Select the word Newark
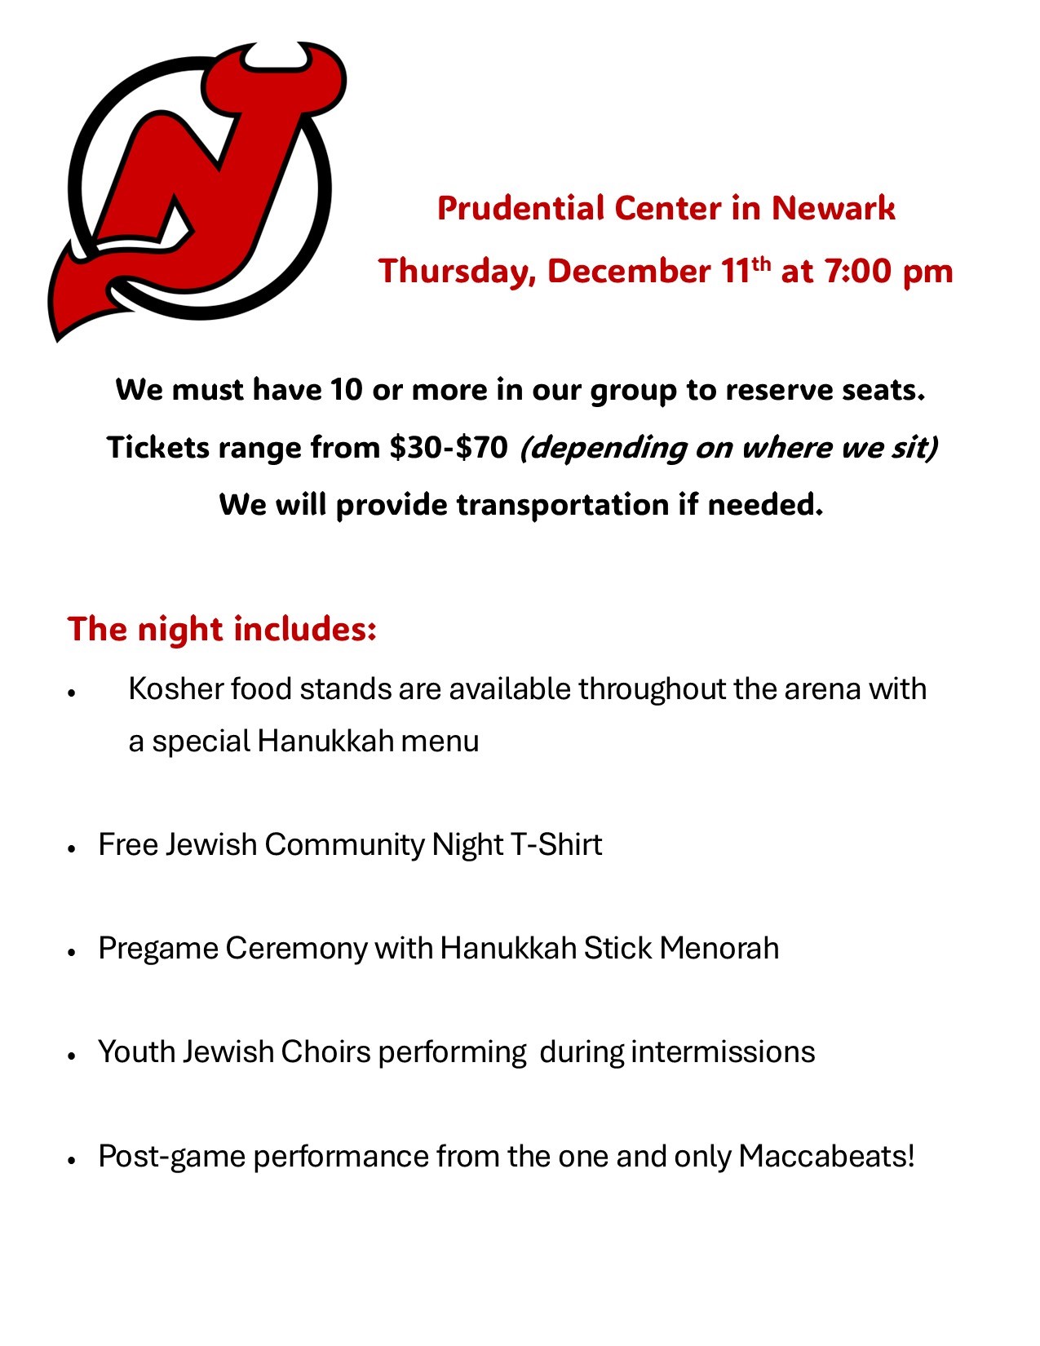(x=833, y=208)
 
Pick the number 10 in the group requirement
(x=346, y=390)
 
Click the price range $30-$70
(x=449, y=448)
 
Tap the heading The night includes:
(x=222, y=630)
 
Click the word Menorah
(x=719, y=949)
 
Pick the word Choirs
(x=325, y=1052)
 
